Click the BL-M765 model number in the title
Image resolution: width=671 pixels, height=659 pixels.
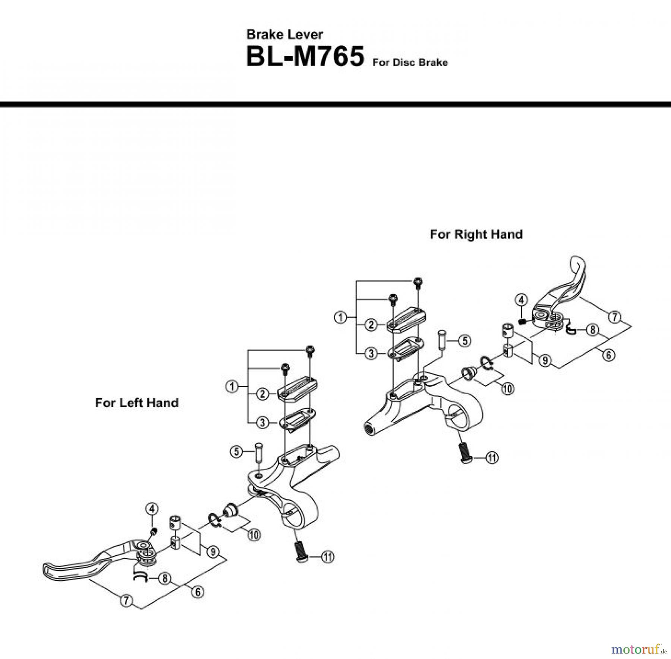pyautogui.click(x=305, y=57)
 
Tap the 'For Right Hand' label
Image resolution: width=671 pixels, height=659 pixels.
pyautogui.click(x=476, y=234)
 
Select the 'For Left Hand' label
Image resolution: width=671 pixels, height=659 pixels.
pyautogui.click(x=136, y=403)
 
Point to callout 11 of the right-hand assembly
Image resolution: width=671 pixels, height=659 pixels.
pyautogui.click(x=492, y=458)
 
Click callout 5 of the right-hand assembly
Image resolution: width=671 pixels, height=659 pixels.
pyautogui.click(x=464, y=341)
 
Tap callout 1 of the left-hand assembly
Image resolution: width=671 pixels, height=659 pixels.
pyautogui.click(x=232, y=386)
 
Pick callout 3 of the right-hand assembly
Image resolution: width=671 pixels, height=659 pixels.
pyautogui.click(x=371, y=353)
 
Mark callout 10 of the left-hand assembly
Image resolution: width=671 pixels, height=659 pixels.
pyautogui.click(x=254, y=535)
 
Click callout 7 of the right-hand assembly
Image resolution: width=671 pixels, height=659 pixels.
pyautogui.click(x=615, y=317)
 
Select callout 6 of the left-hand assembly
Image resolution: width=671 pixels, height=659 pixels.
pyautogui.click(x=198, y=592)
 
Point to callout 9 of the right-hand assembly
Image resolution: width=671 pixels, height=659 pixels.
pyautogui.click(x=545, y=360)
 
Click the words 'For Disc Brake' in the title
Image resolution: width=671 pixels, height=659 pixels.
pyautogui.click(x=410, y=63)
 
